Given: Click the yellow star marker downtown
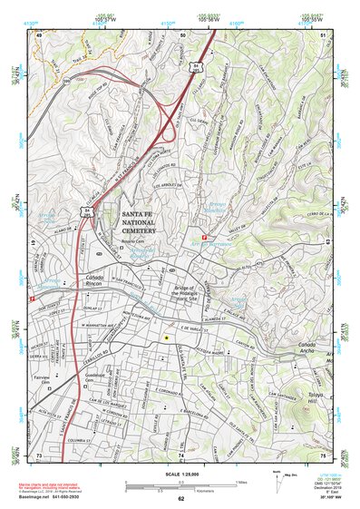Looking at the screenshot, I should coord(166,337).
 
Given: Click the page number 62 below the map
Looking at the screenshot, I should coord(180,499).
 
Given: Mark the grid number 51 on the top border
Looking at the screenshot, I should coord(324,35).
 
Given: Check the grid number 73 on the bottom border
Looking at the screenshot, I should coord(39,455).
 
